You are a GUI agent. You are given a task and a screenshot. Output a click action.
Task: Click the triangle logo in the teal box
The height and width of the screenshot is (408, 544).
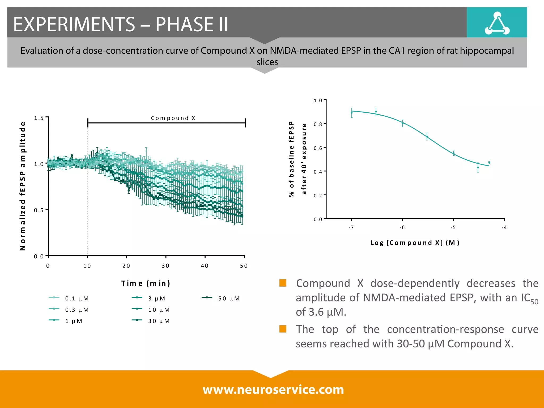(x=497, y=24)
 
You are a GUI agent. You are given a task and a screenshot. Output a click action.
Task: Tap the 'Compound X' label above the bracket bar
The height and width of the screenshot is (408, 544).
(x=173, y=118)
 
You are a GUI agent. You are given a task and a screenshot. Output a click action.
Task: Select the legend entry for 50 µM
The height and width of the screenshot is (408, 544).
(x=221, y=298)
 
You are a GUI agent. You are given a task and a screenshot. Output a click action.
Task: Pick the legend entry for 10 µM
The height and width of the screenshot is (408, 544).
(x=151, y=310)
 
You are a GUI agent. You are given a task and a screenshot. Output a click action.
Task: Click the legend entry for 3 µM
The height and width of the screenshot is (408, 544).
(x=149, y=298)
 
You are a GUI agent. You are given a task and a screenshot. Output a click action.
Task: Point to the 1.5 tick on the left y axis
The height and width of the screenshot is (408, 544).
(x=39, y=118)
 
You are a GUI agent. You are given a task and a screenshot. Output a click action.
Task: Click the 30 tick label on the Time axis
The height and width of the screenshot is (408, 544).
(x=165, y=266)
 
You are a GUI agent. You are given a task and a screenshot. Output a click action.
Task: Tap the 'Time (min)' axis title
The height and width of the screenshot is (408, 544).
(x=146, y=283)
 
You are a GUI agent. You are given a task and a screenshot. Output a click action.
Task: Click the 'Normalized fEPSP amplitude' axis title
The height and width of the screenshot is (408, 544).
(x=23, y=186)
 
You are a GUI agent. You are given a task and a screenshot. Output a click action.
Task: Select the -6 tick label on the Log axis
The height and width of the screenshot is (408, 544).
(x=402, y=227)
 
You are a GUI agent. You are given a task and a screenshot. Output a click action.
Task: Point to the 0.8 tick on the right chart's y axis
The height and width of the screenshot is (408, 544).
(x=318, y=124)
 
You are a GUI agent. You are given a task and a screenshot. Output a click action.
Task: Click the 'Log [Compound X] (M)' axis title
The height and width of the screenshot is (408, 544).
(x=415, y=243)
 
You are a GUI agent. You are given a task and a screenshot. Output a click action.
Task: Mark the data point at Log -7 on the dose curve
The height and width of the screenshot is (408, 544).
(x=351, y=113)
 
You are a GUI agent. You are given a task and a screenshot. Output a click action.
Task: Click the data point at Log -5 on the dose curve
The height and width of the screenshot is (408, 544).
(x=453, y=153)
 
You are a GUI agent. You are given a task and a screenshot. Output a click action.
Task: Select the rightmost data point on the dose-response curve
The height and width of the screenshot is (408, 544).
(x=489, y=163)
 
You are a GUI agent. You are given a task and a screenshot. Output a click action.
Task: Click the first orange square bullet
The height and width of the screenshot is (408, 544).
(x=283, y=283)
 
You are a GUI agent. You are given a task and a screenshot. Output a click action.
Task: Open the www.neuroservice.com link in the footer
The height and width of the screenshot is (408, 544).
(x=273, y=389)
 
